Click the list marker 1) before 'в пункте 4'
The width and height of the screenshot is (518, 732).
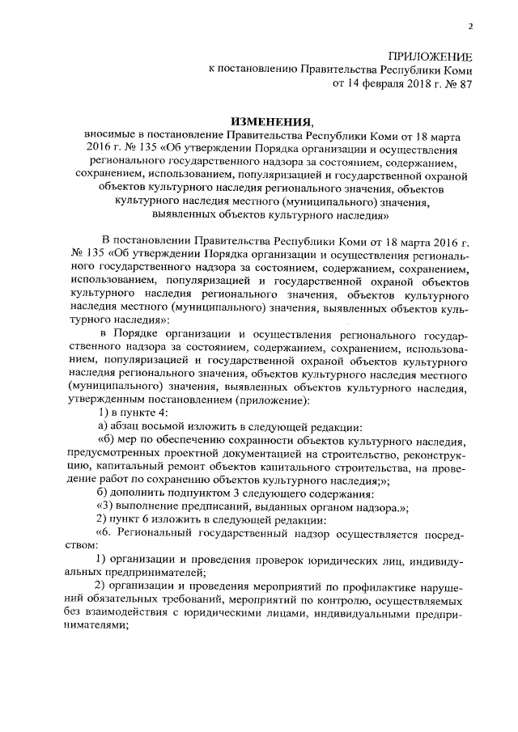tap(103, 413)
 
